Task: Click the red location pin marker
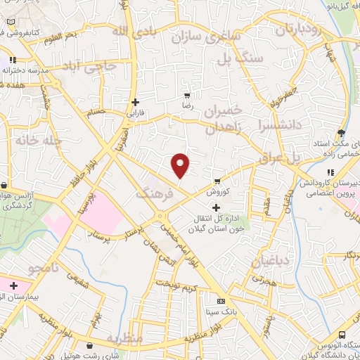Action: coord(181,165)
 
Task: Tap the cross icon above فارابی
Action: coord(134,101)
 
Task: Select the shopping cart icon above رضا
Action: coord(187,95)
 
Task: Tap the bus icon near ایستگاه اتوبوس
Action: coord(342,335)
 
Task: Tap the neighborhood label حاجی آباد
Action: coord(92,67)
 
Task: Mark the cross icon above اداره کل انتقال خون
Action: coord(216,207)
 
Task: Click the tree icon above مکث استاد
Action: coord(342,132)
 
